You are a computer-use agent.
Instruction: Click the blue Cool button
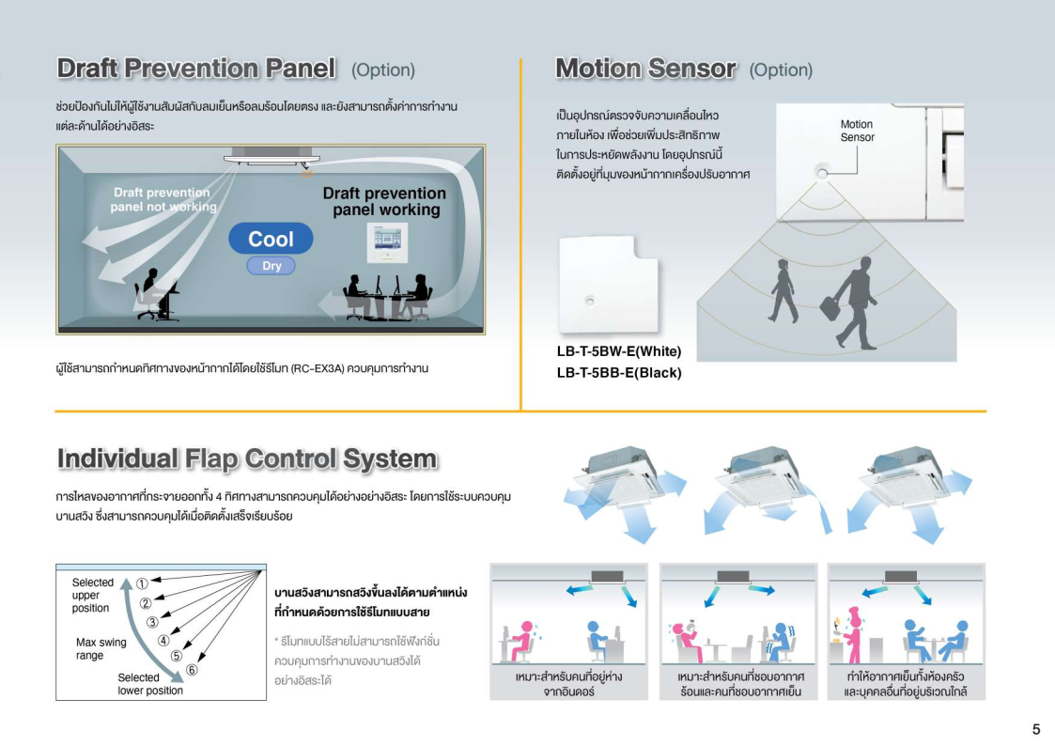click(271, 239)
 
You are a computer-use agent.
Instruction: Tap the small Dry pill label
click(272, 266)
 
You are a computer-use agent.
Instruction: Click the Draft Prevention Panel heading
click(196, 69)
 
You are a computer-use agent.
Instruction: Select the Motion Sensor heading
click(646, 69)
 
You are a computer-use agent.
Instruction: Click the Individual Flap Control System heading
click(247, 458)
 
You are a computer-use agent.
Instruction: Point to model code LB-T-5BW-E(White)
click(619, 351)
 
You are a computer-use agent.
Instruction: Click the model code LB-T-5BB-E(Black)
click(619, 373)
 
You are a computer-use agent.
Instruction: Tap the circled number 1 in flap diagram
click(142, 583)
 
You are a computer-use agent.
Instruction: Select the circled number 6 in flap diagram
click(192, 669)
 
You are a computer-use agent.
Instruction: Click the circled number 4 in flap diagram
click(163, 641)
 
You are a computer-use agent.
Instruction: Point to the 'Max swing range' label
click(101, 648)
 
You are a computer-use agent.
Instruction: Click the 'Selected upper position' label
click(93, 596)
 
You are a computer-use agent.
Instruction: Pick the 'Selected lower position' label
click(150, 683)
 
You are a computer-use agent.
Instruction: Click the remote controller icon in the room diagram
click(387, 242)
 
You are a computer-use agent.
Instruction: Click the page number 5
click(1036, 729)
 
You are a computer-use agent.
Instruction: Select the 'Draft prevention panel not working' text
click(163, 200)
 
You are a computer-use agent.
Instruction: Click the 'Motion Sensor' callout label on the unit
click(857, 131)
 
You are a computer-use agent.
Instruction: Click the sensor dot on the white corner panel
click(589, 301)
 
